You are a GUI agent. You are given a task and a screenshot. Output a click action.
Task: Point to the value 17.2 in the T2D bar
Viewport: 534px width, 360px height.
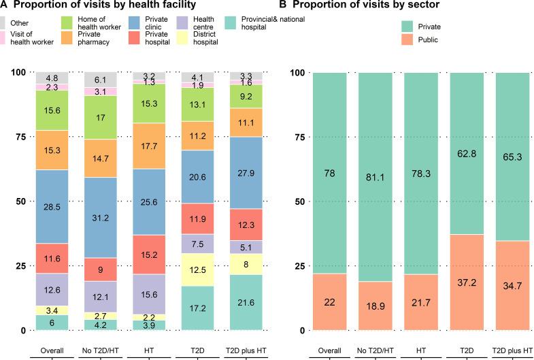(x=197, y=308)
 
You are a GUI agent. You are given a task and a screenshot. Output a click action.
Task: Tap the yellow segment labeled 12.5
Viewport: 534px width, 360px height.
(x=197, y=269)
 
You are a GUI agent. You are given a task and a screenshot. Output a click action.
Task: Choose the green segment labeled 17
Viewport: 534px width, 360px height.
(x=100, y=117)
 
